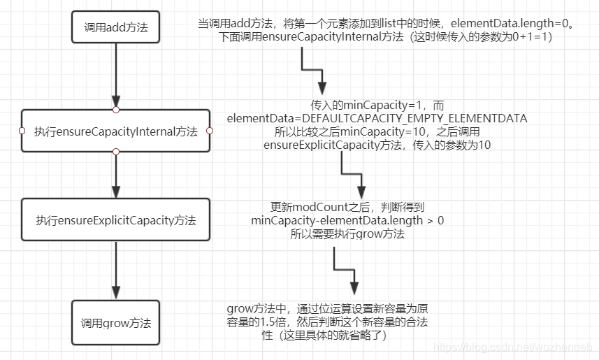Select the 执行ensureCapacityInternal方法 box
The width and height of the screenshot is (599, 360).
click(x=116, y=131)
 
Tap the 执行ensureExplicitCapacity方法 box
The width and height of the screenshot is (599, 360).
click(x=116, y=220)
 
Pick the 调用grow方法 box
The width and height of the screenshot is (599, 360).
click(x=116, y=323)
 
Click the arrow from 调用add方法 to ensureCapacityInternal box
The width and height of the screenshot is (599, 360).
click(x=116, y=77)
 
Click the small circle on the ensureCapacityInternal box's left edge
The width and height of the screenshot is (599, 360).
click(x=22, y=131)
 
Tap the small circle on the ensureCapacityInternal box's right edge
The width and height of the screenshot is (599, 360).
click(x=210, y=131)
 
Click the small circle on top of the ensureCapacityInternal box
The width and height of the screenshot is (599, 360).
click(x=116, y=110)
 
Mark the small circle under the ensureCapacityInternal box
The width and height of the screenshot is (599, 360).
click(x=116, y=152)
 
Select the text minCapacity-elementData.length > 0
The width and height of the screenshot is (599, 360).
click(x=347, y=221)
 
